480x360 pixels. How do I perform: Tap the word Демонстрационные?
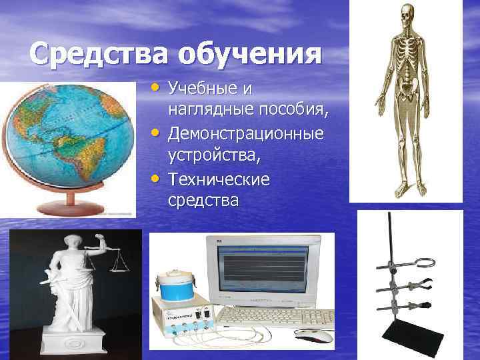(246, 134)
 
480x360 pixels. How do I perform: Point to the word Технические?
(219, 180)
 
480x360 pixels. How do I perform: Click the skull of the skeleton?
(406, 15)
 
